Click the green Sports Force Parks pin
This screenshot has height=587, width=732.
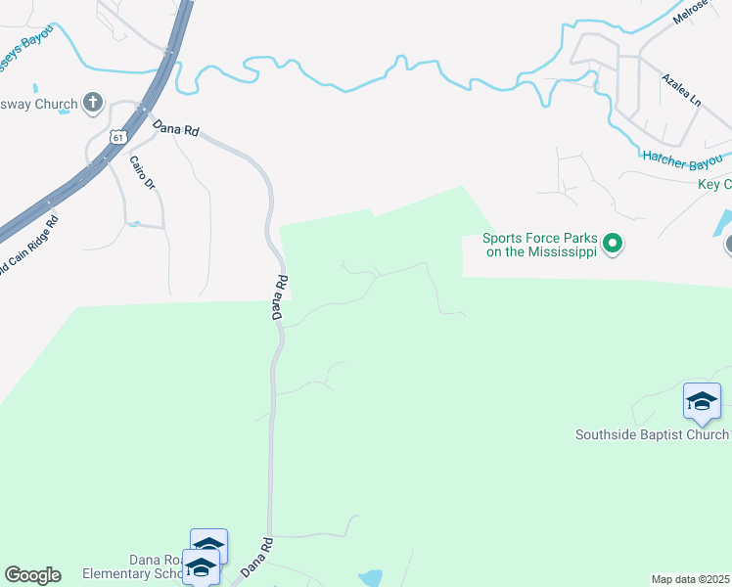[x=613, y=242]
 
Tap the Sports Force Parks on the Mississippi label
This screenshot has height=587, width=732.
[x=539, y=245]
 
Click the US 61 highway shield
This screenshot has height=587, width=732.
[x=117, y=137]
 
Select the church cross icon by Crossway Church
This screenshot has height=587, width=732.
[x=93, y=102]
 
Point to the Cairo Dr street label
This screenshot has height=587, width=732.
[x=143, y=171]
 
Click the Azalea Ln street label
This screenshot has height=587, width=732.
[x=681, y=90]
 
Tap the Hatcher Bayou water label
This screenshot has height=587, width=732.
[x=682, y=157]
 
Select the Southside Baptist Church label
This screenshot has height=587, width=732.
[x=652, y=434]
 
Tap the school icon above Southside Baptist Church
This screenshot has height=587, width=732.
[x=702, y=401]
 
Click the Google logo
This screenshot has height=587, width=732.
[x=32, y=575]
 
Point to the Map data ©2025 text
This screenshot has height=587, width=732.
[x=690, y=579]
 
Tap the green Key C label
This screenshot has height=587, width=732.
[x=714, y=185]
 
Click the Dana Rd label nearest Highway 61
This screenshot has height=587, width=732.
[x=175, y=129]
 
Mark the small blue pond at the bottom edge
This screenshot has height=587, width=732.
[x=371, y=578]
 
